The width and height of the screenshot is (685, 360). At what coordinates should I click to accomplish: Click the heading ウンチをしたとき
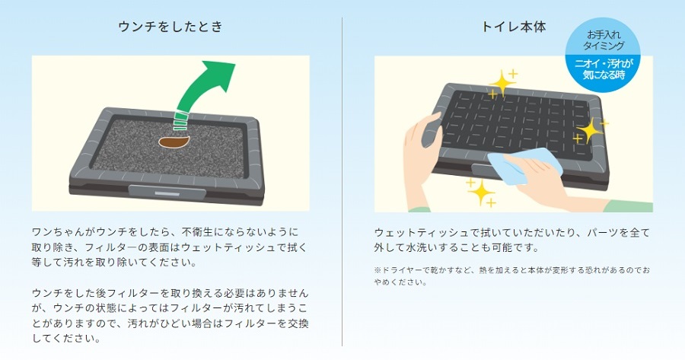(170, 27)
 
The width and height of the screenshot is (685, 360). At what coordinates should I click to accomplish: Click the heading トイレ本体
(514, 27)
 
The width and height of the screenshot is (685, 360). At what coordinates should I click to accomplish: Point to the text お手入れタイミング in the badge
(604, 40)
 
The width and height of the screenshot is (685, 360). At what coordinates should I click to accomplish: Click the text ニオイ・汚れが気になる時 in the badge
(604, 68)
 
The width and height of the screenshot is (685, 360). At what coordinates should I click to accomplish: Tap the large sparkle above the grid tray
(502, 82)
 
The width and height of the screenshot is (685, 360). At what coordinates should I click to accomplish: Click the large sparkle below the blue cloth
(481, 193)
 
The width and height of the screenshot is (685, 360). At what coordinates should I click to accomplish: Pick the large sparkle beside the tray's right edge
(591, 131)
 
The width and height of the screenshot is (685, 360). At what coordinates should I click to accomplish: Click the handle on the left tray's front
(167, 193)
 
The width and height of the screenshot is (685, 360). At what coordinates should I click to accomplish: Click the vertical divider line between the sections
(342, 182)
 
